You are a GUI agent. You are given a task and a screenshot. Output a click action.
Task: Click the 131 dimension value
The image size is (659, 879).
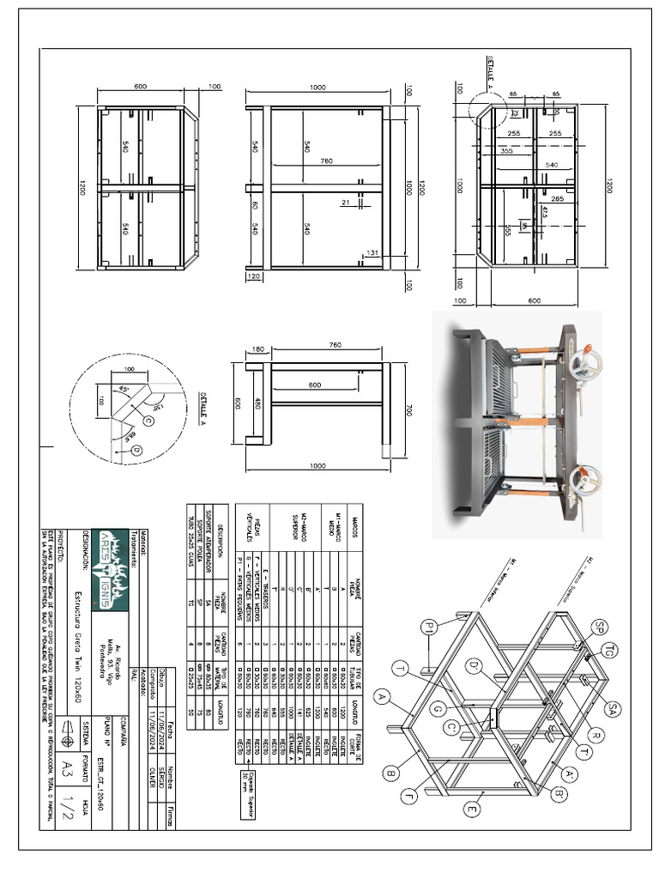click(371, 253)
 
